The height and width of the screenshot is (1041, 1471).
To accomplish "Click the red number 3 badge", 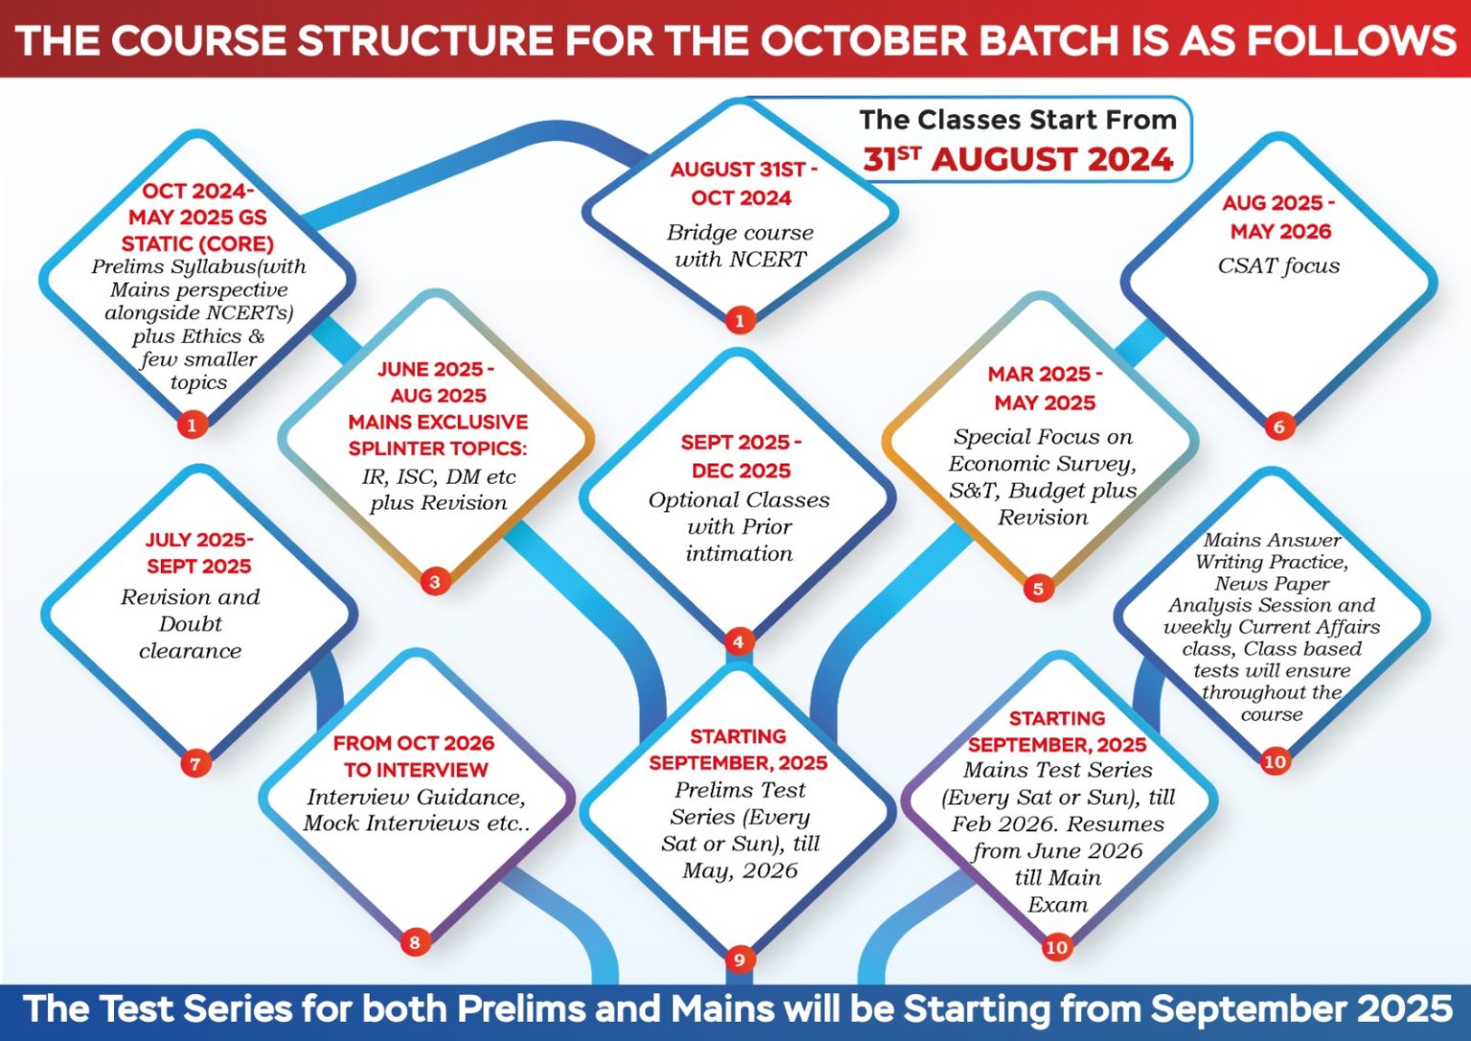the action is pos(435,582).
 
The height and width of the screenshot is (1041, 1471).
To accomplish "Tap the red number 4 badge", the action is pos(738,642).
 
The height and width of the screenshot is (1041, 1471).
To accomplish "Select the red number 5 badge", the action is pos(1038,588).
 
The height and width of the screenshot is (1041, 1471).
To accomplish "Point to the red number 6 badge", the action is pos(1279,427).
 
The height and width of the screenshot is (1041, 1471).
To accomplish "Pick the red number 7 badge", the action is pos(195,764).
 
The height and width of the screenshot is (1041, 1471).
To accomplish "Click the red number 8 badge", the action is pos(415,943).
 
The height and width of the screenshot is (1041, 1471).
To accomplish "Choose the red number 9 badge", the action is pos(739,961).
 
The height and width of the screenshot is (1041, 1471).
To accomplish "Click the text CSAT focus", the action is pos(1279,265).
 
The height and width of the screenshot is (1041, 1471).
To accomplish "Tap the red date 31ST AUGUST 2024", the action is pos(1019,160).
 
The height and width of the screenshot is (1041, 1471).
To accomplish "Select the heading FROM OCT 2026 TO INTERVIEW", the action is pos(414,756).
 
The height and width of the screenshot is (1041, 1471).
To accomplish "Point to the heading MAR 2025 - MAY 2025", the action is pos(1045,388).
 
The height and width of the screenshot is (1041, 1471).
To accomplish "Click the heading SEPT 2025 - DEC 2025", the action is pos(740,457).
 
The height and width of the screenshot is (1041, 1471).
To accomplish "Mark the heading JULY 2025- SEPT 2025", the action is pos(199,553).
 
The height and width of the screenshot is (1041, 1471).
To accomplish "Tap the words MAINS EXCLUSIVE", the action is pos(438,421).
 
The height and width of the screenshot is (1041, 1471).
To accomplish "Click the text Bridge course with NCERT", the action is pos(740,245).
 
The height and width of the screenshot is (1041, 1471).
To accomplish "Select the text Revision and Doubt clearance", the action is pos(191,623).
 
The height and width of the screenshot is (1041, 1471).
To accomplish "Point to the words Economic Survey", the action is pos(1042,464).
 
